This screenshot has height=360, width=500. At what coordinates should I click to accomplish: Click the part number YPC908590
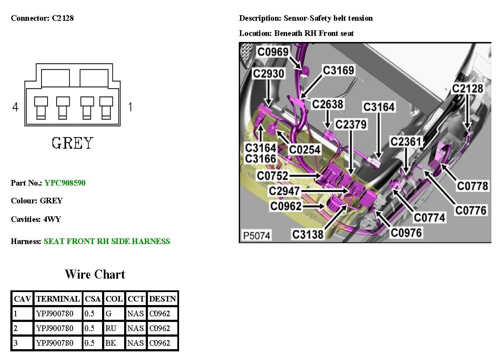click(x=65, y=183)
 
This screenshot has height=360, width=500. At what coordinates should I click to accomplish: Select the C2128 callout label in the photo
click(x=468, y=89)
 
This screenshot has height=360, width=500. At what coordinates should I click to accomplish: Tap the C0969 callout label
click(x=273, y=52)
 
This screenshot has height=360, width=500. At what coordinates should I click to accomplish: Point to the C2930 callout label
click(x=269, y=74)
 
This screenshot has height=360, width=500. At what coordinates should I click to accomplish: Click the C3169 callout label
click(x=339, y=70)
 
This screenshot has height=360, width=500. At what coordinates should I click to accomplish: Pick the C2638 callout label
click(x=328, y=104)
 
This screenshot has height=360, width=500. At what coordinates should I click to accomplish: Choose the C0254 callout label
click(x=305, y=149)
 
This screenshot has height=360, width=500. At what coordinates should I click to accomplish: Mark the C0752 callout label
click(x=272, y=176)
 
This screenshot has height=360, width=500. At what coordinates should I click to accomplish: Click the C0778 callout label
click(x=473, y=186)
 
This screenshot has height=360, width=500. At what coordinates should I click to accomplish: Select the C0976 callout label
click(x=406, y=233)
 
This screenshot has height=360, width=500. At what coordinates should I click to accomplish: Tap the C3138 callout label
click(x=308, y=234)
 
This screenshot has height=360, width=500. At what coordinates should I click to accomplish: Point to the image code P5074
click(x=256, y=236)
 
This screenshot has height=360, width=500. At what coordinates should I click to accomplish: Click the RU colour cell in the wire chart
click(x=111, y=328)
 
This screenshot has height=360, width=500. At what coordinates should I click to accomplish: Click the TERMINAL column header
click(x=58, y=299)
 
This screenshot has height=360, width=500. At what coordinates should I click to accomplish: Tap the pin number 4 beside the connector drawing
click(x=16, y=107)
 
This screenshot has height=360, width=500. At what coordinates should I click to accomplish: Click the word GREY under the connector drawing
click(x=72, y=143)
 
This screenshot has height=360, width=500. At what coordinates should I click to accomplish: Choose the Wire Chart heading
click(x=95, y=274)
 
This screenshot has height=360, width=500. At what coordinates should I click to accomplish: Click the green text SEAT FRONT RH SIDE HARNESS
click(x=107, y=241)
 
